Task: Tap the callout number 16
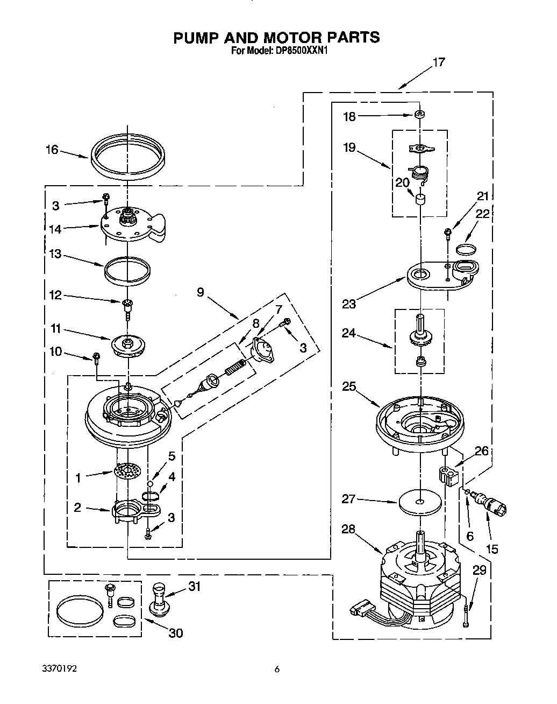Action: click(52, 150)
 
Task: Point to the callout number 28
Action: click(348, 530)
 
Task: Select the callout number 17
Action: click(439, 62)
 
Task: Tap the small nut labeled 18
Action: click(419, 115)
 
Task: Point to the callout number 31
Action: click(194, 586)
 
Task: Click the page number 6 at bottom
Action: click(277, 670)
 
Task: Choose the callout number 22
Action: click(483, 214)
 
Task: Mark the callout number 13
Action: click(55, 255)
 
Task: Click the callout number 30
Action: click(175, 633)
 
